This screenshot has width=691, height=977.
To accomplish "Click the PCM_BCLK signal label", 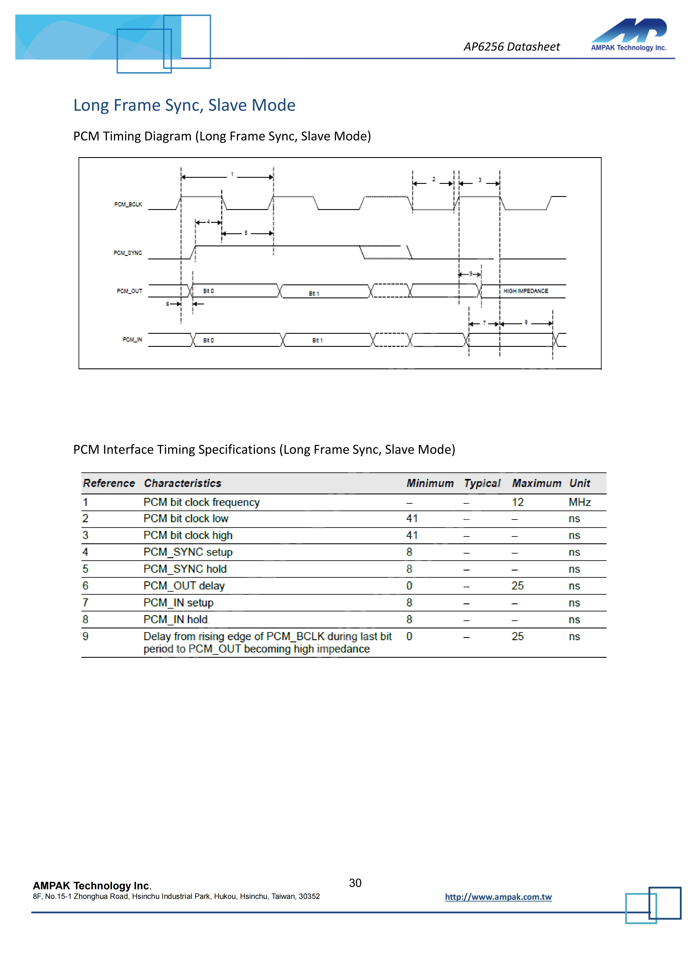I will coord(128,205).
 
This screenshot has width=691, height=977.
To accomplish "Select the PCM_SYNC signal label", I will coord(128,253).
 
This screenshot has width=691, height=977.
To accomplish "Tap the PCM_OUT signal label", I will coord(129,291).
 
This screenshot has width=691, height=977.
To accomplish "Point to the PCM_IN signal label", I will coord(132,340).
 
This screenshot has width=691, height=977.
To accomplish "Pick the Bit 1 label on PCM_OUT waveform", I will coord(314,294).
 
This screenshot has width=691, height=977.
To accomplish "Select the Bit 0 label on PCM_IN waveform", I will coord(208,340).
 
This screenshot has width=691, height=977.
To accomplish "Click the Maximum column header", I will coord(536,483).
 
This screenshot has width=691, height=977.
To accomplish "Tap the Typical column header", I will coord(482,483).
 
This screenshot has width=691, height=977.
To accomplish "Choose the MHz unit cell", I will coord(580,503).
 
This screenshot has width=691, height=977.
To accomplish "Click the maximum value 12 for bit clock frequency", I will coord(517,503).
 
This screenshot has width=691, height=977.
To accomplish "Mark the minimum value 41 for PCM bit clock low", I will coord(412,519).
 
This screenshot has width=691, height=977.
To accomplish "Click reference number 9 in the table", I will coord(86,637).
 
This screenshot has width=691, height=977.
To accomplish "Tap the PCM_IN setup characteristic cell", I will coord(178,603).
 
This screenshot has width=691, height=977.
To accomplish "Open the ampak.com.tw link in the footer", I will coord(498,897).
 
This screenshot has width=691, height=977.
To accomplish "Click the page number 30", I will coord(355,883).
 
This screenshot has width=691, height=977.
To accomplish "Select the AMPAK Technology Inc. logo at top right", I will coord(629,35).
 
